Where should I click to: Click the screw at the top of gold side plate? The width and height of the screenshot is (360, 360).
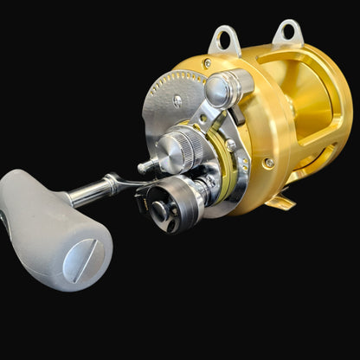pyautogui.click(x=207, y=63)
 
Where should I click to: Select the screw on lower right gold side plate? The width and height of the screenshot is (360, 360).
pyautogui.click(x=269, y=162)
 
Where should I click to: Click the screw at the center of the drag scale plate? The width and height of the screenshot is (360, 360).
pyautogui.click(x=178, y=101)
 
